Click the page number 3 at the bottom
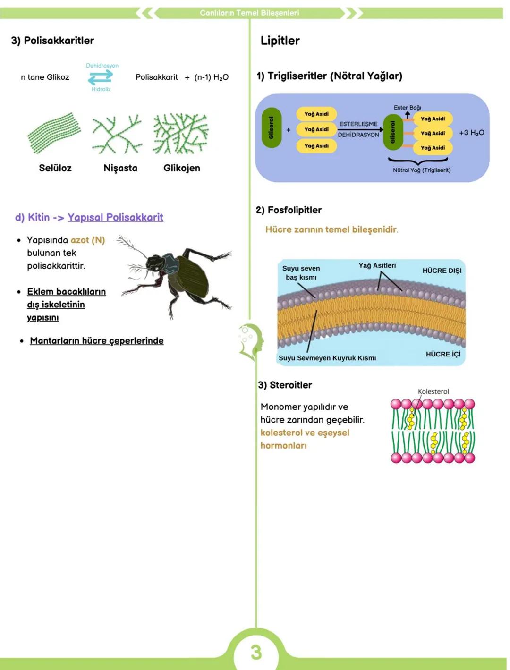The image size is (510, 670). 256,652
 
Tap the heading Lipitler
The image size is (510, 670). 280,41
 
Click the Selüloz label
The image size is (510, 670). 55,168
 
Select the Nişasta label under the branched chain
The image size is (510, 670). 120,168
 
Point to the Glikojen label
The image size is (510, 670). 182,168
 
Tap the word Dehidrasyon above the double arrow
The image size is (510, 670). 102,66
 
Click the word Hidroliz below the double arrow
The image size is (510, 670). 101,89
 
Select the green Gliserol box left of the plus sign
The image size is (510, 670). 271,127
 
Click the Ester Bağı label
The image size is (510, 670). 408,108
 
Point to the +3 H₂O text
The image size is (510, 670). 471,133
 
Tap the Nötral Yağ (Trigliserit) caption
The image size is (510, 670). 422,170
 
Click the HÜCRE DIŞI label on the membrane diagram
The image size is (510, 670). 442,271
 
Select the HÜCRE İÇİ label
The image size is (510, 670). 443,354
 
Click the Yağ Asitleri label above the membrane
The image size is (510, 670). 377,266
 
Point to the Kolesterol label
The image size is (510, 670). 433,391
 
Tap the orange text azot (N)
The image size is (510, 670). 88,240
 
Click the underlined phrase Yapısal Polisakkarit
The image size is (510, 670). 115,217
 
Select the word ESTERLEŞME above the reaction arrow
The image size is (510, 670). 358,124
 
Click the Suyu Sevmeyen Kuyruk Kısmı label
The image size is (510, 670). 327,358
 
